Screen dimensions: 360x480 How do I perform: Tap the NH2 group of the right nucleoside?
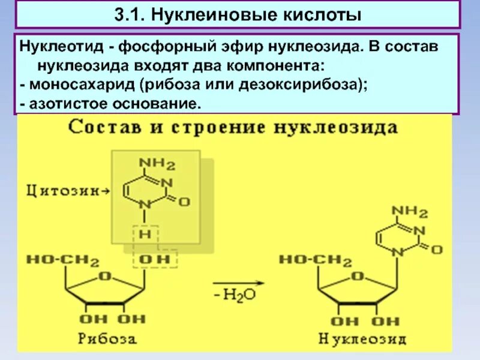tap(410, 211)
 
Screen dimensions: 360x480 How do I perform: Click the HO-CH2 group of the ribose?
tap(62, 260)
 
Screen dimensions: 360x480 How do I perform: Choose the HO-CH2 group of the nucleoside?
tap(316, 260)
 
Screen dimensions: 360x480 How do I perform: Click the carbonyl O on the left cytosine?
tap(184, 202)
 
